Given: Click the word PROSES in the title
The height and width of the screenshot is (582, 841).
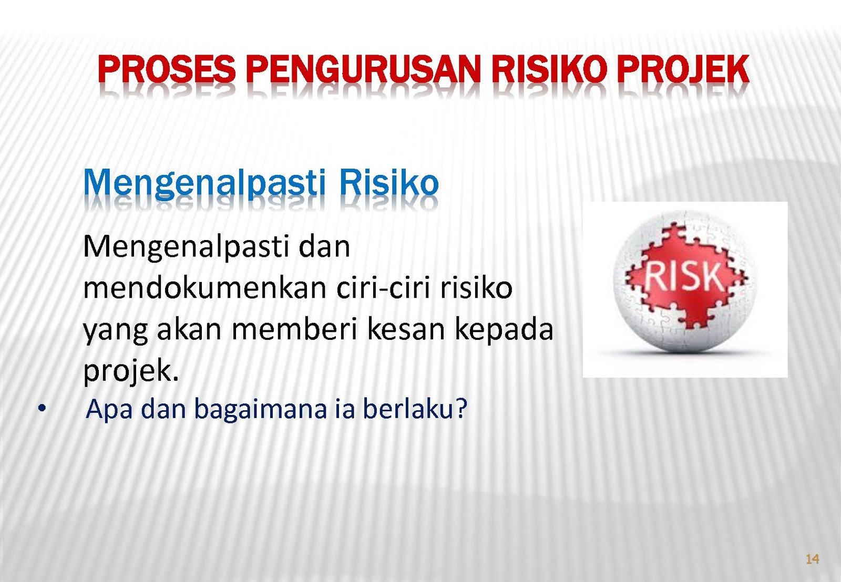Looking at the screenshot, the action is pos(167,69).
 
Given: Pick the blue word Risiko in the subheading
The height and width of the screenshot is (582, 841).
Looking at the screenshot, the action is pos(389,183).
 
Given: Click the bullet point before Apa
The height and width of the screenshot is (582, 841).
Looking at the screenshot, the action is pos(42,408).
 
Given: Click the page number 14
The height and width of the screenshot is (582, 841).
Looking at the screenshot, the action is pos(813,559).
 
